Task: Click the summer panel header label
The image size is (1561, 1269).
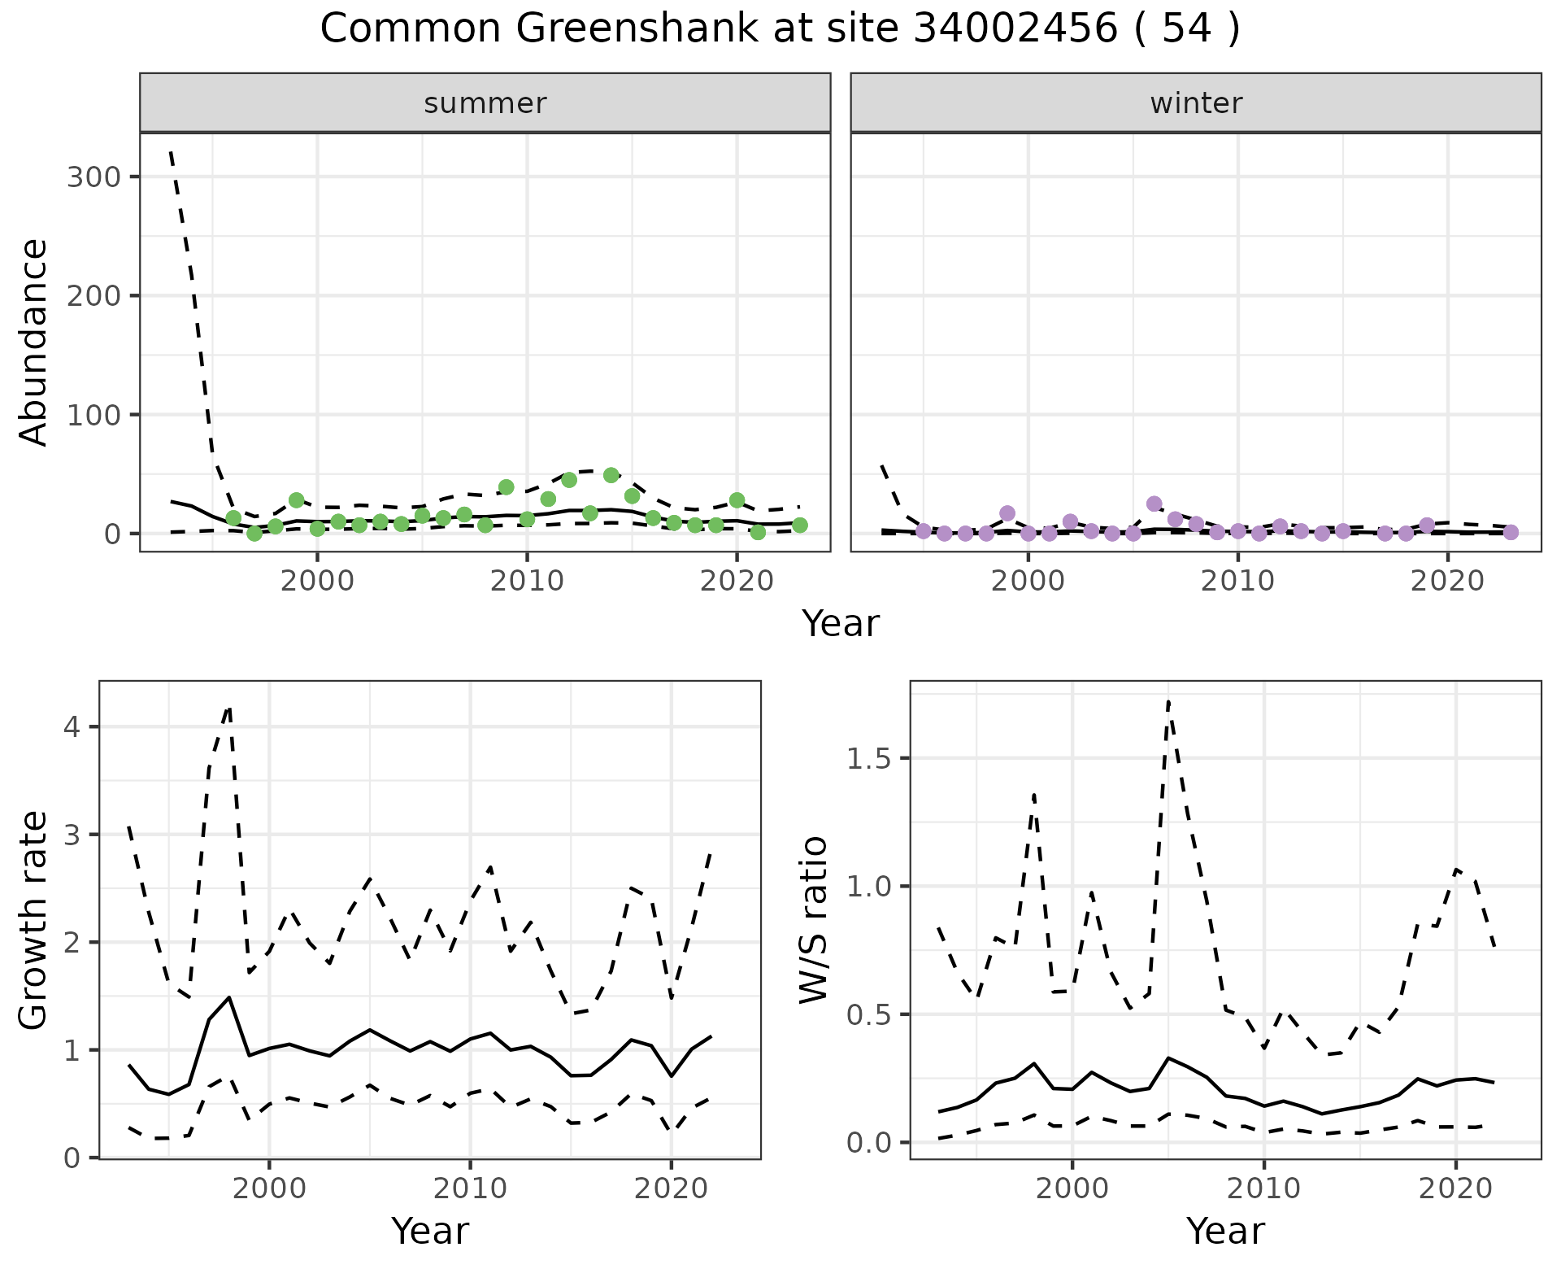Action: coord(485,103)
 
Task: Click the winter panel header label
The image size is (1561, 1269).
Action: coord(1195,103)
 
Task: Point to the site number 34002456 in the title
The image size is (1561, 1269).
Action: coord(1015,29)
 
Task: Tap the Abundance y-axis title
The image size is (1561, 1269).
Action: coord(33,342)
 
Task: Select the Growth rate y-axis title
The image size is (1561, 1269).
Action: coord(33,921)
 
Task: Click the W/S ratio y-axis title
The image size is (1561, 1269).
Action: coord(813,919)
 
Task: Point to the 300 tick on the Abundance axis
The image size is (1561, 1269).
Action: coord(93,177)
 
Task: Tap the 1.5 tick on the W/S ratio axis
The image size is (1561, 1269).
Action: coord(868,759)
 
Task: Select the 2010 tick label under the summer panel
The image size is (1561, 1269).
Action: coord(527,582)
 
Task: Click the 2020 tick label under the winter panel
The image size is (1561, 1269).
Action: coord(1447,582)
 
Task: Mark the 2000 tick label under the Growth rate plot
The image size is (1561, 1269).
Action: coord(269,1188)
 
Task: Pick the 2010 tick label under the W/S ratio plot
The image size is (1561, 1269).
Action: coord(1263,1188)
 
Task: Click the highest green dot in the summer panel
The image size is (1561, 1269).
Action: coord(611,475)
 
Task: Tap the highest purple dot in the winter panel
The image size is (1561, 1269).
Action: coord(1154,504)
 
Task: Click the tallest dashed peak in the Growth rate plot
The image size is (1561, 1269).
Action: coord(229,708)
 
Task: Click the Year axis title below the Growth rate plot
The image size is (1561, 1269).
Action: coord(429,1231)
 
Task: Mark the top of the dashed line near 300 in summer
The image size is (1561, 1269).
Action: coord(171,151)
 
